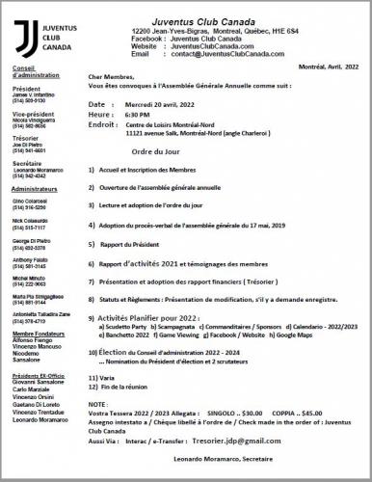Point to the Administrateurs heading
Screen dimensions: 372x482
click(x=31, y=189)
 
